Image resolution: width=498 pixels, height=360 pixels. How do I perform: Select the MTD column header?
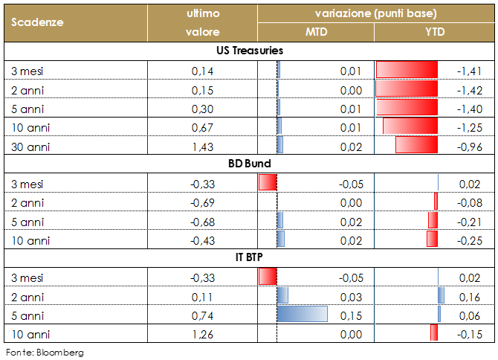click(316, 32)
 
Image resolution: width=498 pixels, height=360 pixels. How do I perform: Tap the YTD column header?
click(436, 32)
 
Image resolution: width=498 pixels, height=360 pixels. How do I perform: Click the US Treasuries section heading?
click(248, 51)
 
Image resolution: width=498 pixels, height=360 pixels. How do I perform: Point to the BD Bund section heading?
click(248, 163)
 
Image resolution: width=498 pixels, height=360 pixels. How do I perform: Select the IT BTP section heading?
click(248, 258)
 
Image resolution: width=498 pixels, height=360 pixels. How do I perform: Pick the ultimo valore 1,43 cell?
click(203, 147)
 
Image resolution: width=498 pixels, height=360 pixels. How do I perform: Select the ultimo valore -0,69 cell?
click(202, 202)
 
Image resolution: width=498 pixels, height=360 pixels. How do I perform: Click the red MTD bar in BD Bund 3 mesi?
click(268, 183)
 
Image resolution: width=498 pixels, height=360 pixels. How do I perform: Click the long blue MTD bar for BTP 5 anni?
click(302, 315)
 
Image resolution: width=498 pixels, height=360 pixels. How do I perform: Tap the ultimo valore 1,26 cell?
click(203, 334)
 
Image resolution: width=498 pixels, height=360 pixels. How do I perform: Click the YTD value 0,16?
click(470, 296)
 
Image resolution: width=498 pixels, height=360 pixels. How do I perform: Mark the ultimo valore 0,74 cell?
click(203, 315)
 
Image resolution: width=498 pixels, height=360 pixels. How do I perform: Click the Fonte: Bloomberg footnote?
click(45, 352)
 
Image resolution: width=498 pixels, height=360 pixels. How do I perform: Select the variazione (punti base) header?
click(375, 13)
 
